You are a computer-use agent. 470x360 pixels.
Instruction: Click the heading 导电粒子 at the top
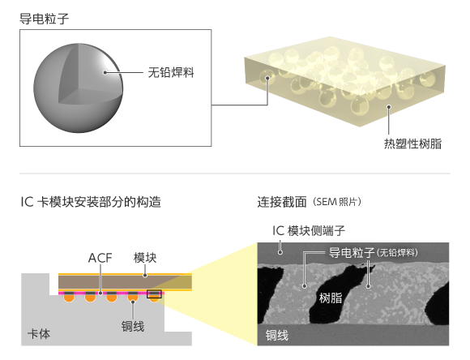45,19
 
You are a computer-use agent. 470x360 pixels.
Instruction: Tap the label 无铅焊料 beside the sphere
171,72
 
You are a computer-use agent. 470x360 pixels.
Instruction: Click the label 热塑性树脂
412,144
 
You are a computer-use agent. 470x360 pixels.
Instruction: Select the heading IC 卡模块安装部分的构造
91,202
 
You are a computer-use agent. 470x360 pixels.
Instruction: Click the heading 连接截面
282,202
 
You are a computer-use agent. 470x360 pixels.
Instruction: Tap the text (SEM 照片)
337,202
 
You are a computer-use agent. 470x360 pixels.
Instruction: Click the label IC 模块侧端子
309,231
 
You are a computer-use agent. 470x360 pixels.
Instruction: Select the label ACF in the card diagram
100,258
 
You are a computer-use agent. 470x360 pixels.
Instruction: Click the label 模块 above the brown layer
145,258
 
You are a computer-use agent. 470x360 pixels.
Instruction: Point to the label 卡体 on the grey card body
39,334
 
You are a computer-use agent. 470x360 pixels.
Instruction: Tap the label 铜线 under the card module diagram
133,327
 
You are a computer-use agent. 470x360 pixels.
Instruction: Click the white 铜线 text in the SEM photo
277,335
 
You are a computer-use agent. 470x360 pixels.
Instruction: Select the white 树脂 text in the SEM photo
331,298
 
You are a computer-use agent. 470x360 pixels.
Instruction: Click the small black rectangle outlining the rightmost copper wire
154,294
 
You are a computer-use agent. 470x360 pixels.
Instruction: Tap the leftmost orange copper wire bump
69,298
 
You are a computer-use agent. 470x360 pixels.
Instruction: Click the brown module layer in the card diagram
125,282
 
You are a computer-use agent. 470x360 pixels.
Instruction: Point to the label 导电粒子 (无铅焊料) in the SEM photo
374,253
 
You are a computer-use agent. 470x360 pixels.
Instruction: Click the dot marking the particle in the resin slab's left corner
267,78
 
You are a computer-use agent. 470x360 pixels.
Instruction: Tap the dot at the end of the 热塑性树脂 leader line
389,107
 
